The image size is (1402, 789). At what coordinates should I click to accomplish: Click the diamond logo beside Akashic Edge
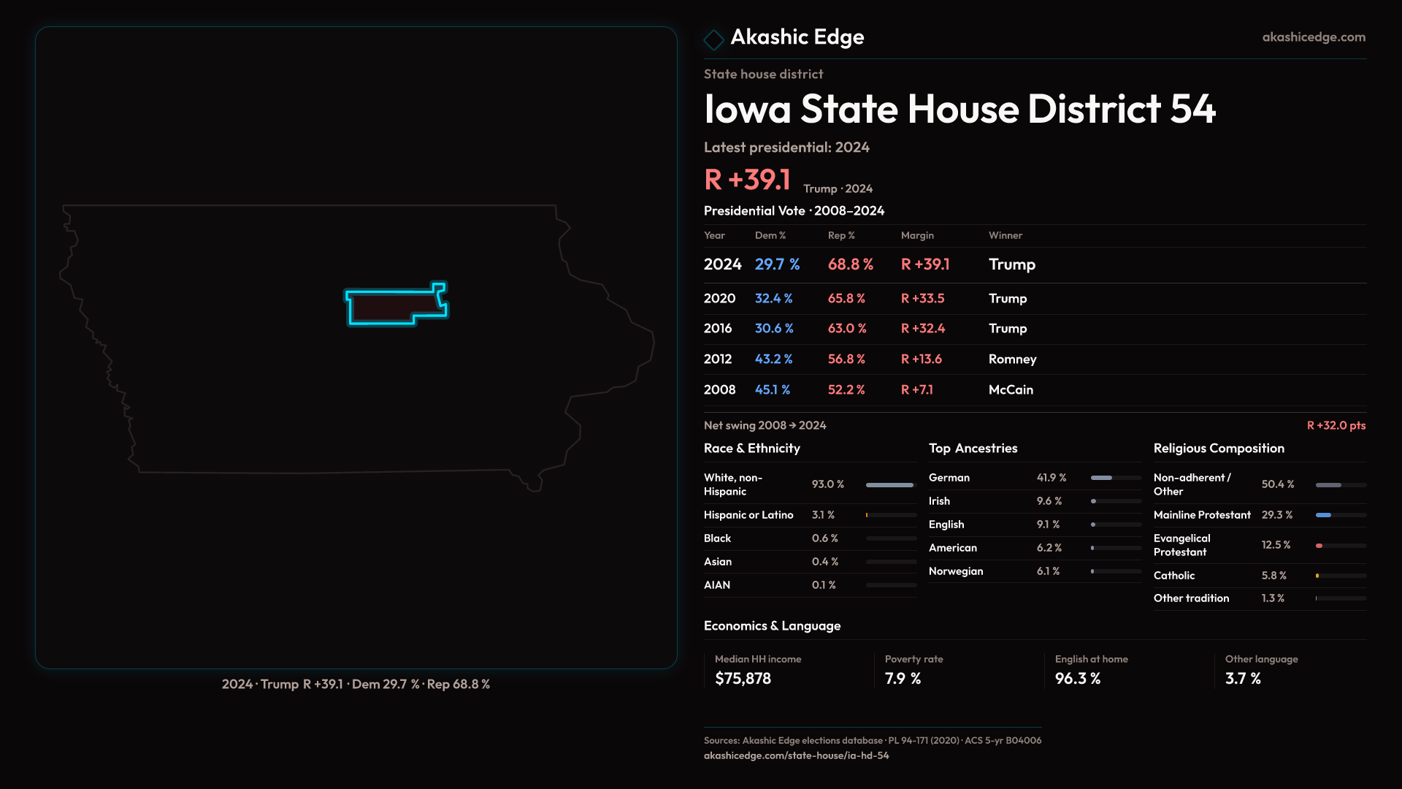point(713,39)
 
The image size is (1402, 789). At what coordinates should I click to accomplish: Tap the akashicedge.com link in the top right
point(1314,37)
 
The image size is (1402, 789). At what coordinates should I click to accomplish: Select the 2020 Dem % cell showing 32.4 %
point(773,299)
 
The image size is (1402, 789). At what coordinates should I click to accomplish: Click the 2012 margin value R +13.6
point(922,359)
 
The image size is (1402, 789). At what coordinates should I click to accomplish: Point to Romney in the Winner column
point(1012,359)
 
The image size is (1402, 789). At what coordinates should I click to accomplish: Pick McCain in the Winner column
point(1011,390)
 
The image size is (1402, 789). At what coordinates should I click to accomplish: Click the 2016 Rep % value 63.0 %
point(847,329)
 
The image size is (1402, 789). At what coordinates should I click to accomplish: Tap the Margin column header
point(917,235)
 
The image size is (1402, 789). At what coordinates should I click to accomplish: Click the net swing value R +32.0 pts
point(1336,425)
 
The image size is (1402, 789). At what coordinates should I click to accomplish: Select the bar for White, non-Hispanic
point(891,485)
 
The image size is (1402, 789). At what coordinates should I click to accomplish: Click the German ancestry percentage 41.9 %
point(1051,478)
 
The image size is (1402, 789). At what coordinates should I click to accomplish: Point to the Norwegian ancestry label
point(956,571)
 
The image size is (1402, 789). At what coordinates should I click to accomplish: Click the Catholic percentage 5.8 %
point(1274,576)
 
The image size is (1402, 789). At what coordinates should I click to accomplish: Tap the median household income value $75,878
point(743,679)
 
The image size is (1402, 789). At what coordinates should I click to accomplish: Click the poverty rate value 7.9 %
point(903,679)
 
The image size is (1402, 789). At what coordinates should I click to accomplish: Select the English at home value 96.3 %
point(1077,679)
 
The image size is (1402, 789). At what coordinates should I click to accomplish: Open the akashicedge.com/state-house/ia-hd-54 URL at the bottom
point(796,756)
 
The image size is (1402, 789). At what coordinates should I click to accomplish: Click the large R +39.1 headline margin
point(747,180)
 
